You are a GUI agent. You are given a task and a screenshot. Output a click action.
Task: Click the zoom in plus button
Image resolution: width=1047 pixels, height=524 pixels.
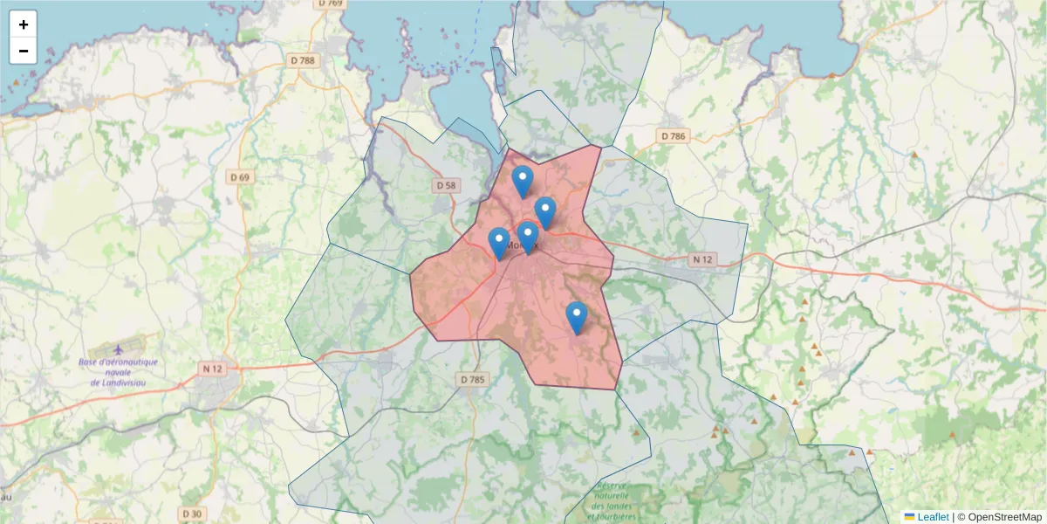pos(24,24)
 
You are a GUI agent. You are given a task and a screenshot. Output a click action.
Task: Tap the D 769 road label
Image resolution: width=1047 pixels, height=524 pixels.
pos(331,3)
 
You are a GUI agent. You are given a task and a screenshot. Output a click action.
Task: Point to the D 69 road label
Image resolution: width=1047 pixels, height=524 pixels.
pos(239,177)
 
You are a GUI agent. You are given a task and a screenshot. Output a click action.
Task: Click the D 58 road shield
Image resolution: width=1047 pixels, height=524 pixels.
pos(446,185)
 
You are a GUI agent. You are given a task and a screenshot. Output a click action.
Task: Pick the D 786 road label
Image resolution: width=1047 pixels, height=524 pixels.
pos(674,135)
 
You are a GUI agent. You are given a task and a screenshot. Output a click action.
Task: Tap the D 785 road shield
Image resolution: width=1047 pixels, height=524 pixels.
pos(472,379)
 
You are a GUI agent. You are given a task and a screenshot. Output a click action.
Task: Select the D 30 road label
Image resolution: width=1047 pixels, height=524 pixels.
pos(193,514)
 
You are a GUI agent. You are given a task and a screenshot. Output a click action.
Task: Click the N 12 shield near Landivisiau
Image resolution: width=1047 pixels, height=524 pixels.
pos(212,369)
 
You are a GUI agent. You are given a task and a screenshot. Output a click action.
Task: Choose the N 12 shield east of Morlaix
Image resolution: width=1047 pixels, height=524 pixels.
pos(702,259)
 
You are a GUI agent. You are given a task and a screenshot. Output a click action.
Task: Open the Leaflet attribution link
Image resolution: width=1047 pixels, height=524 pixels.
pos(933,517)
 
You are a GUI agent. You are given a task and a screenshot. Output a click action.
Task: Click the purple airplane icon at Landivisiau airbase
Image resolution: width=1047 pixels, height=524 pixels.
pos(120,350)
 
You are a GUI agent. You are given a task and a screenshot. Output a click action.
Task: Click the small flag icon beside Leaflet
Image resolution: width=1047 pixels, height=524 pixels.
pos(909,517)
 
